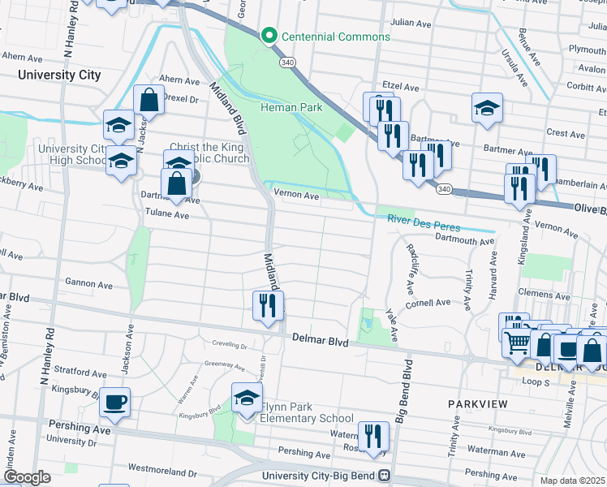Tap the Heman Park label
pyautogui.click(x=291, y=107)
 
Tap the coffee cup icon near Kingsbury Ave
pyautogui.click(x=114, y=403)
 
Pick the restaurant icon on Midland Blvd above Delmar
pyautogui.click(x=268, y=306)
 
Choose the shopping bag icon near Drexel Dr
pyautogui.click(x=149, y=101)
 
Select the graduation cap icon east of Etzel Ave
pyautogui.click(x=487, y=108)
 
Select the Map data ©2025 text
pyautogui.click(x=573, y=481)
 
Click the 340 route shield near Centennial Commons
pyautogui.click(x=288, y=62)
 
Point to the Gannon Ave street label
pyautogui.click(x=88, y=285)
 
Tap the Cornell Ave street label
pyautogui.click(x=428, y=303)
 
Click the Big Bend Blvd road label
pyautogui.click(x=401, y=378)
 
